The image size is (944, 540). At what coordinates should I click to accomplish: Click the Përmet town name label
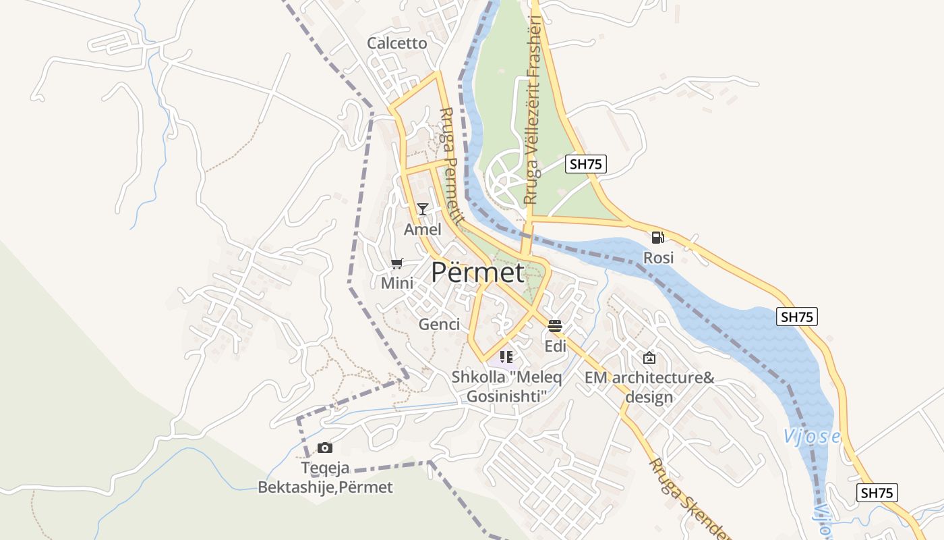(x=477, y=273)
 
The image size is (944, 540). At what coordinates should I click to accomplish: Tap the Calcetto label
(x=397, y=43)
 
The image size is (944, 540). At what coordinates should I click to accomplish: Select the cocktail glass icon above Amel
(x=423, y=209)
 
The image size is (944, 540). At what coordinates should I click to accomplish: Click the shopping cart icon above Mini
(x=397, y=264)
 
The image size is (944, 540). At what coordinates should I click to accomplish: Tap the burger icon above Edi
(x=555, y=327)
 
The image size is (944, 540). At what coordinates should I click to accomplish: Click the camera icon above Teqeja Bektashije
(x=325, y=448)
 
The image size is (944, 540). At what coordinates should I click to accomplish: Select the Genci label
(x=439, y=325)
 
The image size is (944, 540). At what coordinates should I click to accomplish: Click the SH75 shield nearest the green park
(x=585, y=164)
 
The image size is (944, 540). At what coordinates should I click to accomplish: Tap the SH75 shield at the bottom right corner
(x=877, y=493)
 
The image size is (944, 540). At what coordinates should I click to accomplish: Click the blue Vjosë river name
(x=811, y=437)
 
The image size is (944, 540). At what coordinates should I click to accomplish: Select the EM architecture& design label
(x=649, y=387)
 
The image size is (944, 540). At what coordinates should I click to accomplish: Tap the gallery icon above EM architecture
(x=649, y=358)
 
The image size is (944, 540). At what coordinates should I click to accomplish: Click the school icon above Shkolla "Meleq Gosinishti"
(x=506, y=357)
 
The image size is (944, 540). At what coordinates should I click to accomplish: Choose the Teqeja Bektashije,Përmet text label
(x=325, y=477)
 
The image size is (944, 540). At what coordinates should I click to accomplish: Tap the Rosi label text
(x=658, y=258)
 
